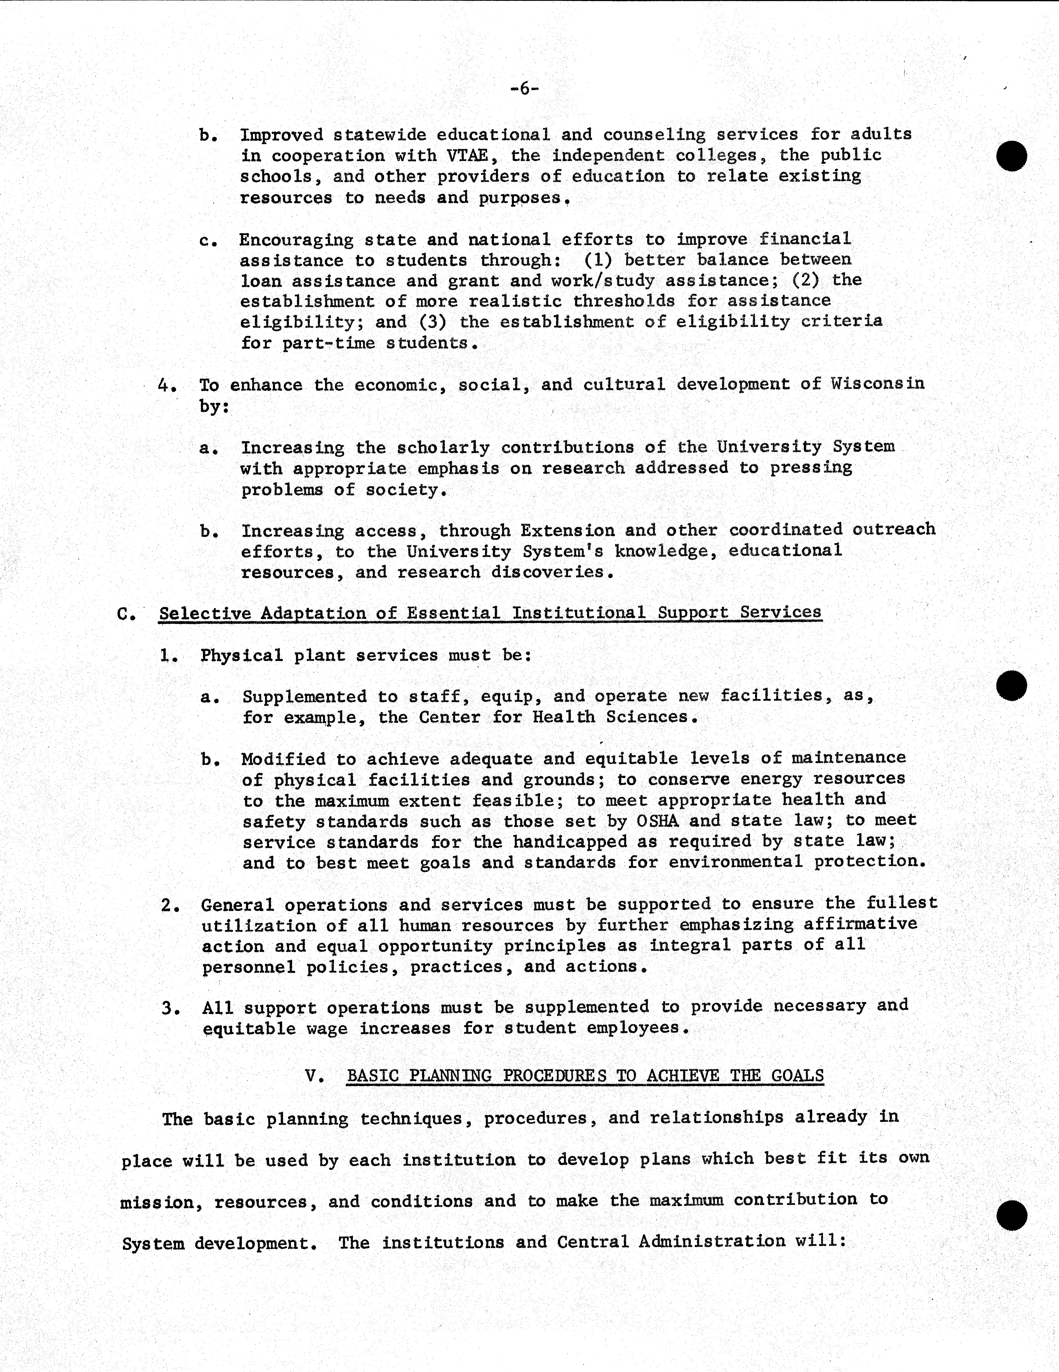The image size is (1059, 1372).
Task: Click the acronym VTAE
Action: coord(465,155)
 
